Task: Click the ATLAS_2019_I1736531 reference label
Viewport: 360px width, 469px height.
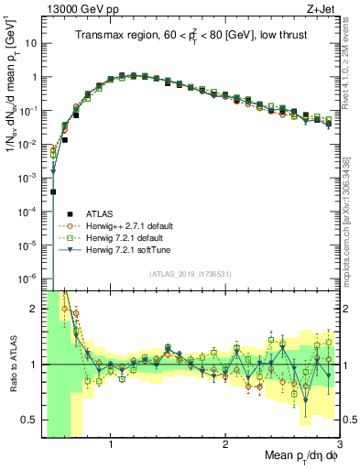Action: pyautogui.click(x=189, y=273)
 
